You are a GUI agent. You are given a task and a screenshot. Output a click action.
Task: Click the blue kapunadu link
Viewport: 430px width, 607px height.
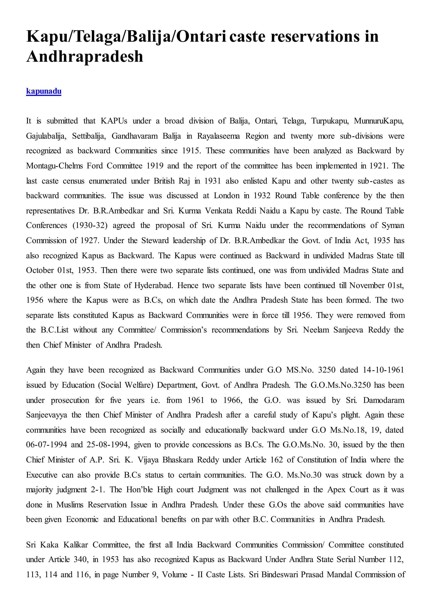click(44, 91)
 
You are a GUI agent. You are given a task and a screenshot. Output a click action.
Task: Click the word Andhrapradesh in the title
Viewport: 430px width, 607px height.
click(85, 57)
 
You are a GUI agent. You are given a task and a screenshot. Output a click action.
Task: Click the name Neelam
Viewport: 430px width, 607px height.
click(316, 330)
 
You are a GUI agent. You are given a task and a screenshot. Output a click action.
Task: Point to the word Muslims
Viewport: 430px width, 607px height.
click(70, 505)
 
